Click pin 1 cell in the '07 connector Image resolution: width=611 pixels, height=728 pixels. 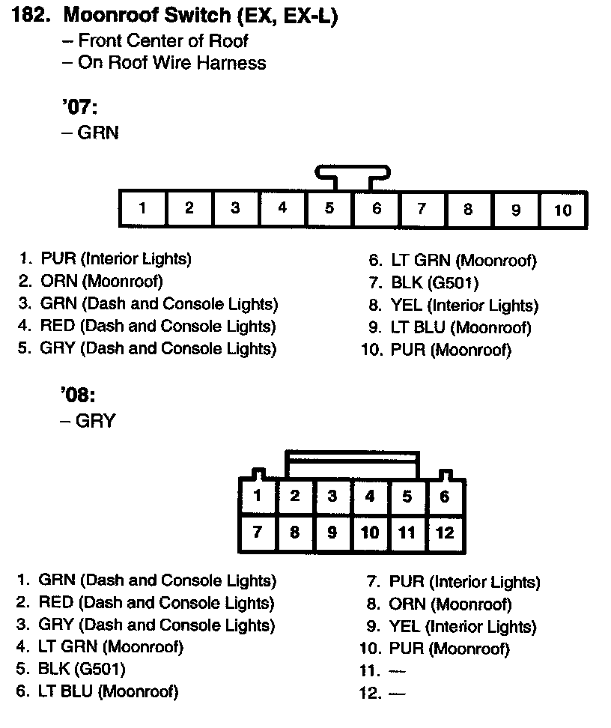[142, 209]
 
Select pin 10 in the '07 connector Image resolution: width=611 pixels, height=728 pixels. [562, 209]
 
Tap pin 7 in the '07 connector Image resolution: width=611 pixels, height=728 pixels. [422, 209]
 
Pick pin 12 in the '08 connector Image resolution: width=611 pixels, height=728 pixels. [445, 533]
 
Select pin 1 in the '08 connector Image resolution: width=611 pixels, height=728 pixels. [258, 496]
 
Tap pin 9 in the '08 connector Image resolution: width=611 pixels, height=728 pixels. [332, 533]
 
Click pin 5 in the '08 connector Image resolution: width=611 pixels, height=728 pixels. [407, 496]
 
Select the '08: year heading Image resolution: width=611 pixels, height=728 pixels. [79, 395]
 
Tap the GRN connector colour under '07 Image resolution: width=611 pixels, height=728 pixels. [98, 133]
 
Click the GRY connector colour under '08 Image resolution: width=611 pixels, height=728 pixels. [96, 421]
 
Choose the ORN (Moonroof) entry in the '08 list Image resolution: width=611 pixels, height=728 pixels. [450, 604]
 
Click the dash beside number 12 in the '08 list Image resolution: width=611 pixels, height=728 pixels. [397, 694]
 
